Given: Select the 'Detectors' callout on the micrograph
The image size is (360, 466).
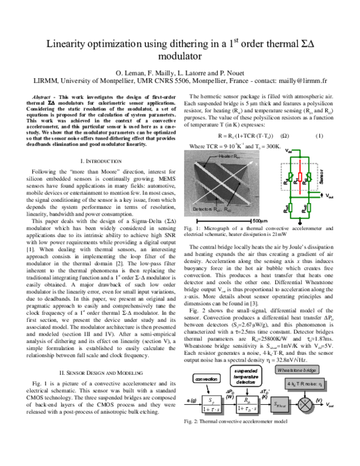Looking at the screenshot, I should tap(211, 210).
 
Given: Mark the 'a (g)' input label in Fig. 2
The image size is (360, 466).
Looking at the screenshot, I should tap(193, 399).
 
